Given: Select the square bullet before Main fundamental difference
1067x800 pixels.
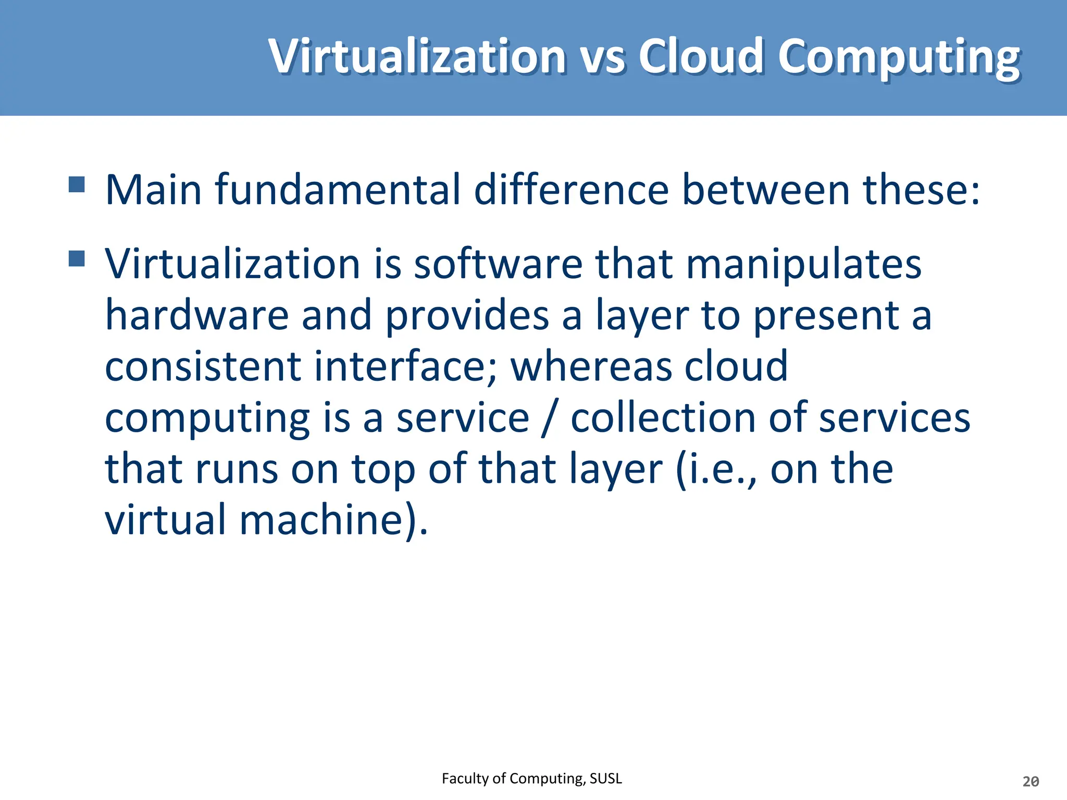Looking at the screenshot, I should coord(77,184).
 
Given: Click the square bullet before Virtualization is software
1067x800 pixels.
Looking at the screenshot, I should coord(77,258).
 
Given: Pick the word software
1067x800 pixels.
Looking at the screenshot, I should coord(498,264).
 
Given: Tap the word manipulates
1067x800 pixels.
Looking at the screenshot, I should coord(803,264).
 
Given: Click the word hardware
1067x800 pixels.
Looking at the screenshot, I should coord(197,315).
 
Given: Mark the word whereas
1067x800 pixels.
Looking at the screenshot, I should coord(591,366).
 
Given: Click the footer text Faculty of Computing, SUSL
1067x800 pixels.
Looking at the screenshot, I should coord(531,778).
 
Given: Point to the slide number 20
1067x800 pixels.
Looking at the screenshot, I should coord(1031,781).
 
